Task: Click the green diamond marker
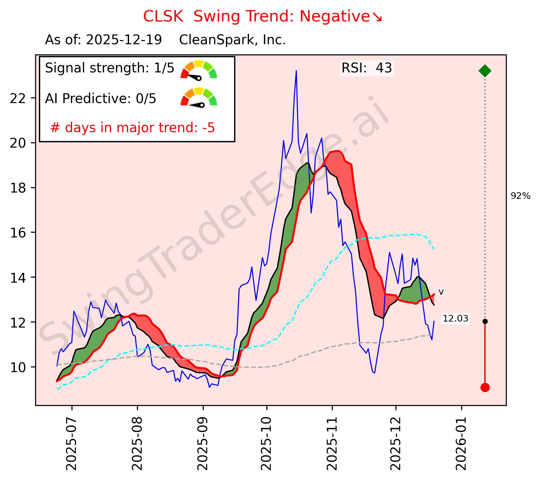click(485, 71)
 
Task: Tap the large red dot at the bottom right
click(485, 387)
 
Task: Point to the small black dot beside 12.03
click(485, 321)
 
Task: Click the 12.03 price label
click(455, 319)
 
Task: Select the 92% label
click(520, 196)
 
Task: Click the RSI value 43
click(384, 68)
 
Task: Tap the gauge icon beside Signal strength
click(199, 69)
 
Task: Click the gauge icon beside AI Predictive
click(199, 97)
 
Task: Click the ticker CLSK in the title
click(163, 17)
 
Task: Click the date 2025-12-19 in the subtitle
click(124, 40)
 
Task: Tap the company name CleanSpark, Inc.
click(233, 40)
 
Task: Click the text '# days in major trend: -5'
click(133, 128)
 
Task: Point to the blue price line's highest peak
click(296, 71)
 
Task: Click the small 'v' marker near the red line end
click(441, 292)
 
